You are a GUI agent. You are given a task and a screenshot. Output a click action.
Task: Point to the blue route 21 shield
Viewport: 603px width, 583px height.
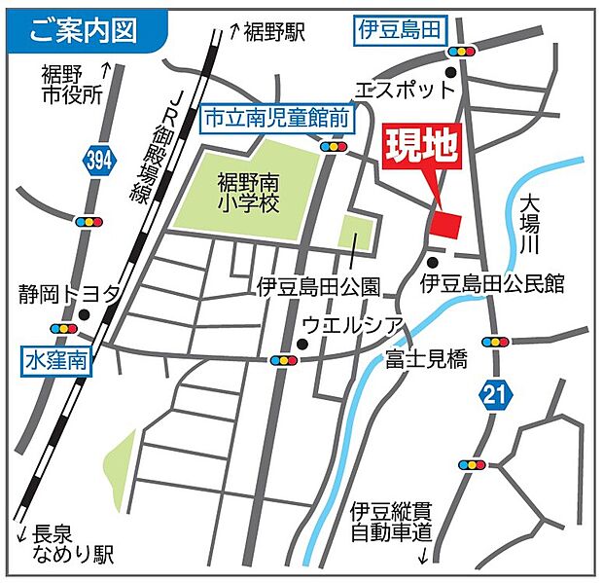click(x=494, y=394)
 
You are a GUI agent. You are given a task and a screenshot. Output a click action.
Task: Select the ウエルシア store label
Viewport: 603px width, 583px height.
click(x=347, y=323)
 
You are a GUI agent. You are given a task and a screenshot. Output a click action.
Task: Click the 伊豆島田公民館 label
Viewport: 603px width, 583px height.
click(x=492, y=284)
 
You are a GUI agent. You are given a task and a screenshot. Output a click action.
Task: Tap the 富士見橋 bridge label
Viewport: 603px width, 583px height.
click(x=426, y=359)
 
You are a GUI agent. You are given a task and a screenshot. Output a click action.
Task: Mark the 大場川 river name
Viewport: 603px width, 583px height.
click(x=530, y=226)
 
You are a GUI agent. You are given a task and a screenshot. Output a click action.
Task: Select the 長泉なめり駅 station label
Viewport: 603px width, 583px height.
click(x=68, y=545)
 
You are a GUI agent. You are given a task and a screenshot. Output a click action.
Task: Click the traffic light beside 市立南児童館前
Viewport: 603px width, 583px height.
click(x=336, y=146)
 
